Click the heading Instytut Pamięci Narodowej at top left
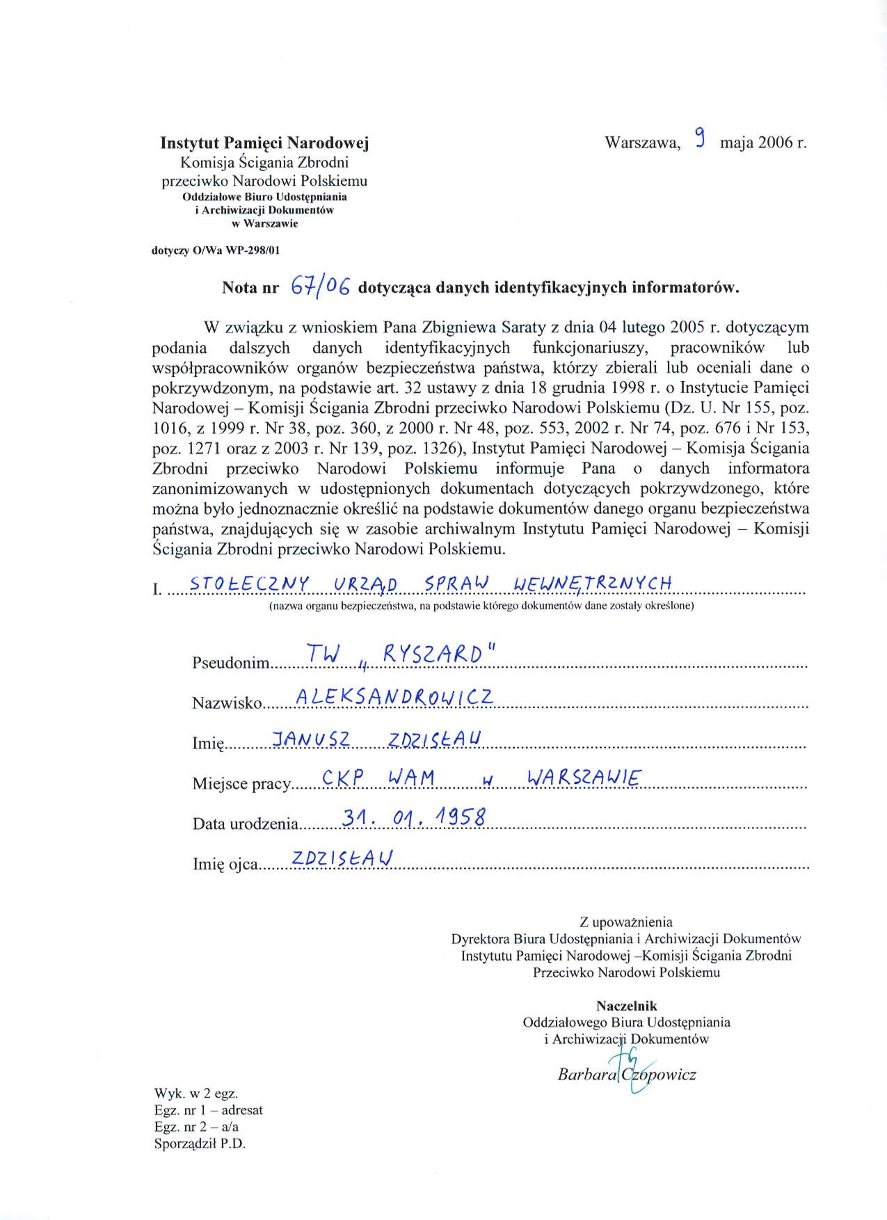pyautogui.click(x=264, y=143)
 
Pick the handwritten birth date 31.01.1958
pyautogui.click(x=415, y=818)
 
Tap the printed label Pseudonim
pyautogui.click(x=230, y=663)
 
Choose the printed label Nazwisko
pyautogui.click(x=227, y=703)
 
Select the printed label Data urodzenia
pyautogui.click(x=246, y=824)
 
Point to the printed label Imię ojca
pyautogui.click(x=225, y=865)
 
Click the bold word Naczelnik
pyautogui.click(x=626, y=1006)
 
